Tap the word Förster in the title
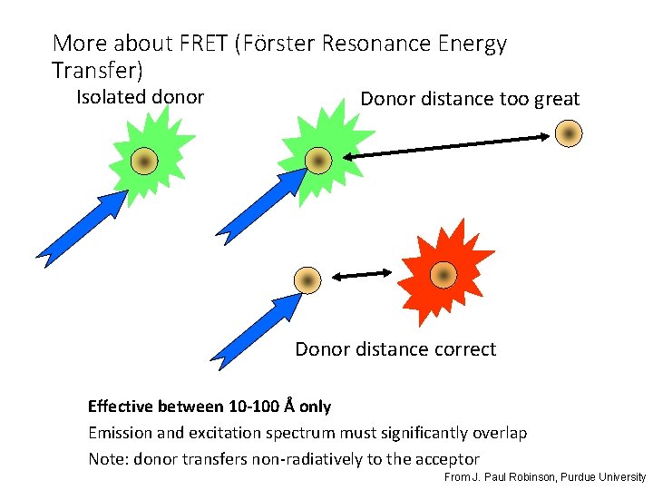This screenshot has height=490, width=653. [276, 44]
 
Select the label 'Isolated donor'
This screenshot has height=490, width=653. [140, 97]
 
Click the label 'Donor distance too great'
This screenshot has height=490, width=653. [470, 99]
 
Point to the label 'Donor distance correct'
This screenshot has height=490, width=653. [395, 349]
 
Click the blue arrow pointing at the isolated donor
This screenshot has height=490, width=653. [82, 224]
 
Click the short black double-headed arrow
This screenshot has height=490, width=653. [360, 274]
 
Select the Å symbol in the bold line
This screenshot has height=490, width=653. [289, 406]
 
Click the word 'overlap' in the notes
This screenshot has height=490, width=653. [497, 433]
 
